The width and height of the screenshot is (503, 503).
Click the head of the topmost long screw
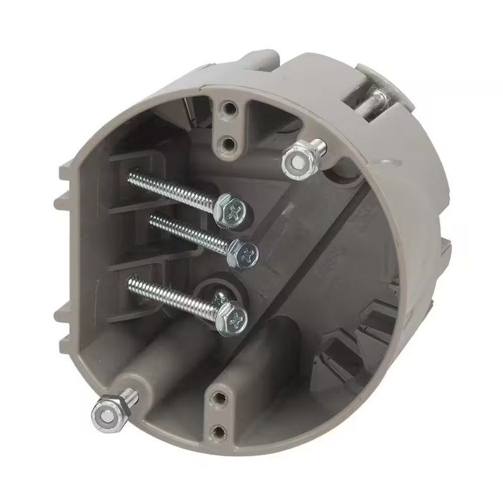[230, 208]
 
